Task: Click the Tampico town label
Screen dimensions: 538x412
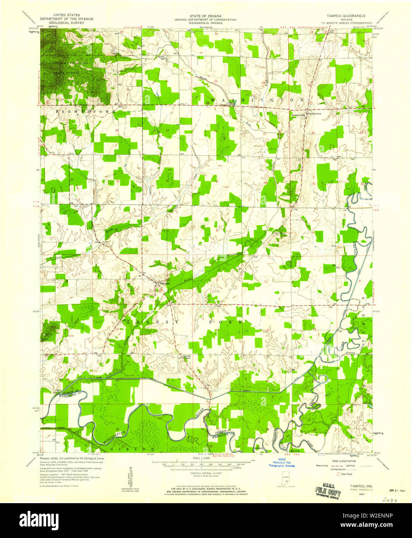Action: click(x=165, y=283)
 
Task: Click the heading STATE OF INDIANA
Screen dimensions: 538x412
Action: click(x=205, y=15)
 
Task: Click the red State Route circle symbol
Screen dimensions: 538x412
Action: click(x=339, y=474)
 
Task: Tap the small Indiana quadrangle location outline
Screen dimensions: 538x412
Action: click(x=282, y=480)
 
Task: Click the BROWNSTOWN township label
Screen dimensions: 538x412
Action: click(x=81, y=111)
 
